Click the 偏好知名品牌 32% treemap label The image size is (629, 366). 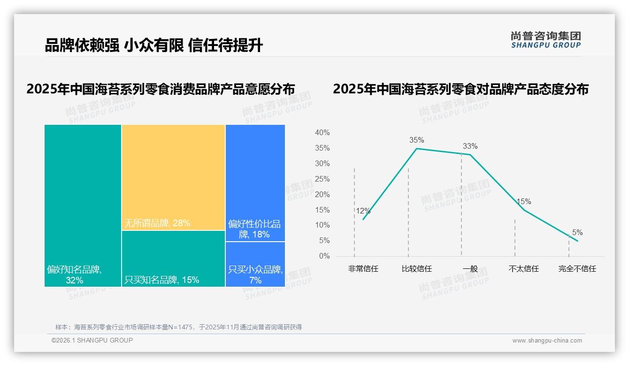(x=74, y=275)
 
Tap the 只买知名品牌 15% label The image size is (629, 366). (x=161, y=280)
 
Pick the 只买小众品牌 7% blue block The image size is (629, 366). (x=255, y=265)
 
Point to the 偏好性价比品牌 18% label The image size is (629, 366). (x=254, y=229)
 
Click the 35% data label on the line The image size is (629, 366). (x=416, y=140)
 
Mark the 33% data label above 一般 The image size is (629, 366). (x=470, y=146)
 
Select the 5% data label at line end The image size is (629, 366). (x=577, y=233)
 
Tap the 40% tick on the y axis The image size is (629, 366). (x=322, y=133)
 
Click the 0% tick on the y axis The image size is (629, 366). (x=324, y=256)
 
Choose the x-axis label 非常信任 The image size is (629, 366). (x=363, y=269)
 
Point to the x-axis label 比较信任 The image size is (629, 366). (x=416, y=269)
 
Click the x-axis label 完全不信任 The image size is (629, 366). (x=577, y=269)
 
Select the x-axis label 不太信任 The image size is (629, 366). (x=523, y=269)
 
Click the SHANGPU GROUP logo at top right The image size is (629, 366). (x=545, y=39)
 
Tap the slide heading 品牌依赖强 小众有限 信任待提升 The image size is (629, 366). (x=154, y=46)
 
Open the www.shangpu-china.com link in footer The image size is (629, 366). (x=547, y=341)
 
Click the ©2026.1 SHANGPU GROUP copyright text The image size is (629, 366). (x=92, y=340)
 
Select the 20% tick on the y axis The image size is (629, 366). (x=322, y=195)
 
